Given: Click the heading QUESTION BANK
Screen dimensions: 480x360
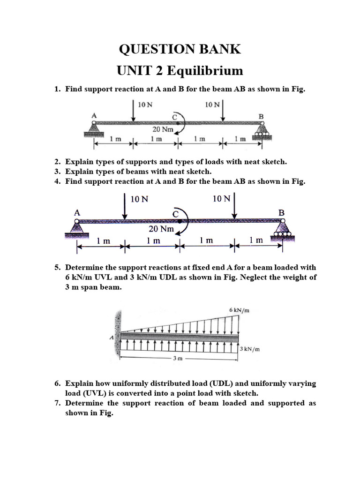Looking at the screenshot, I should (180, 49).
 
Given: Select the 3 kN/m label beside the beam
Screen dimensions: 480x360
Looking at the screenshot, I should (250, 349).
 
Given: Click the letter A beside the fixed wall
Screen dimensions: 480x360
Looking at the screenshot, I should (112, 337).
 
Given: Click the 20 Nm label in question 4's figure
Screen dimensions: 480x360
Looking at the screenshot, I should (161, 229).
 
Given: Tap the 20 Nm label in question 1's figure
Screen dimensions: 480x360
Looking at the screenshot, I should (163, 129).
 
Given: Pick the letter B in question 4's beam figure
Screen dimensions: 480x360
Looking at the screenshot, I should (281, 212).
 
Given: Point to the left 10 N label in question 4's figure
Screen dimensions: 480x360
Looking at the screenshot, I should (139, 199).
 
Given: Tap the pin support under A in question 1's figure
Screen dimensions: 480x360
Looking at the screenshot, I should (94, 128).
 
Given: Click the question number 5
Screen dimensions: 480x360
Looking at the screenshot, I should (57, 268).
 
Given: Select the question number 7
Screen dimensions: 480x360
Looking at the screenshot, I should (57, 403).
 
